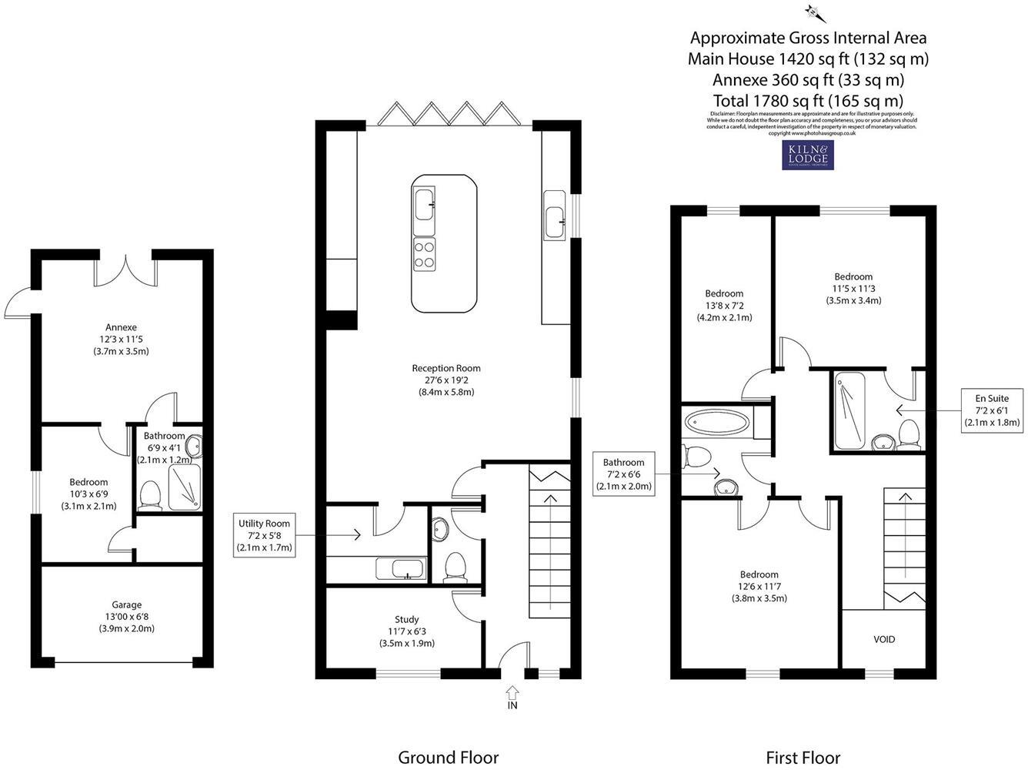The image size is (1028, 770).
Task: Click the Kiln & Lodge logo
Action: tap(807, 155)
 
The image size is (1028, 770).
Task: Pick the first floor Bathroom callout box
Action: tap(623, 474)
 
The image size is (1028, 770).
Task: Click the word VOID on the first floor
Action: tap(884, 639)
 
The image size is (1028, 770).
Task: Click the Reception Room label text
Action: tap(446, 368)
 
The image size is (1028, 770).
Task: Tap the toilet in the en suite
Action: tap(909, 433)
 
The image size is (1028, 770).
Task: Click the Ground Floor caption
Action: tap(448, 757)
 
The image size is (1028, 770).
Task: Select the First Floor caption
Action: tap(803, 757)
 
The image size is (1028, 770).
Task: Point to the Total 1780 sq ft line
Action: tap(807, 100)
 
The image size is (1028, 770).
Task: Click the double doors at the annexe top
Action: tap(126, 271)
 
